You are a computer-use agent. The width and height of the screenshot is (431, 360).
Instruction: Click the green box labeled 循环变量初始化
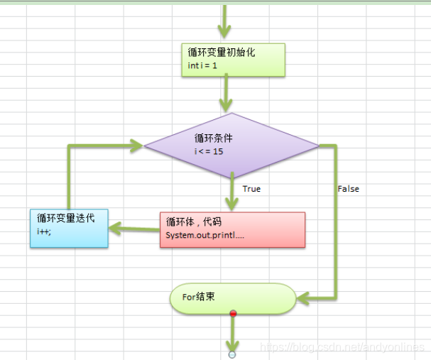233,59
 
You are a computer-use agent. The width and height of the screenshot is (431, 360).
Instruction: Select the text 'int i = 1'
203,65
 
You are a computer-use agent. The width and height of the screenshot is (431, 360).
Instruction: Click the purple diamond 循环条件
232,146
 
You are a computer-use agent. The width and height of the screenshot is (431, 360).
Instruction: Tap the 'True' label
251,189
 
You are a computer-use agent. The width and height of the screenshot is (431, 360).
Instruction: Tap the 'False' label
348,189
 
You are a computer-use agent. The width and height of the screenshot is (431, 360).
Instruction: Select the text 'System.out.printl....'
204,235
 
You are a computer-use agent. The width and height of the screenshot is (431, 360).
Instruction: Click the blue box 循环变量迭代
69,228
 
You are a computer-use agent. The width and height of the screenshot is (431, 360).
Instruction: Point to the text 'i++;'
44,232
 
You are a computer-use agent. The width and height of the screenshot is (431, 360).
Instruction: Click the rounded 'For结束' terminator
231,298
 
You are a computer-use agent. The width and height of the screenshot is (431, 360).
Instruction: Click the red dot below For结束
232,313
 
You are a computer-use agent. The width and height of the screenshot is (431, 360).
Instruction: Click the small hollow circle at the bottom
231,353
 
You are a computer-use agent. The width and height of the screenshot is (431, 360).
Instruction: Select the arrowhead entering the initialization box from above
225,32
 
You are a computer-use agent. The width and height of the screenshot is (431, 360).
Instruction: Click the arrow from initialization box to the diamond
227,92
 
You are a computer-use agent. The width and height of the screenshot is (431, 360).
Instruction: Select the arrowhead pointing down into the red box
232,202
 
